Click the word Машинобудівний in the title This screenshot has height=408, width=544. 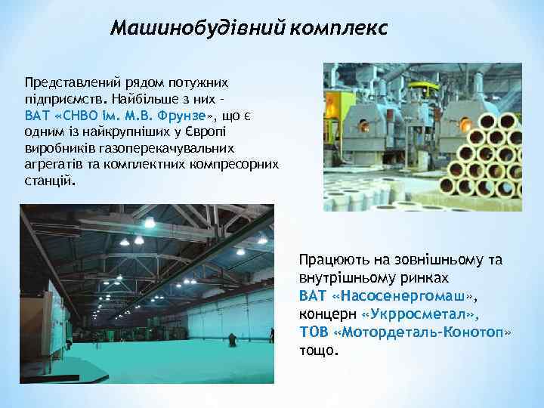[198, 29]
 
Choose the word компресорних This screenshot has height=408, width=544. [235, 164]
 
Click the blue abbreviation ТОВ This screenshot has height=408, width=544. [312, 331]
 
